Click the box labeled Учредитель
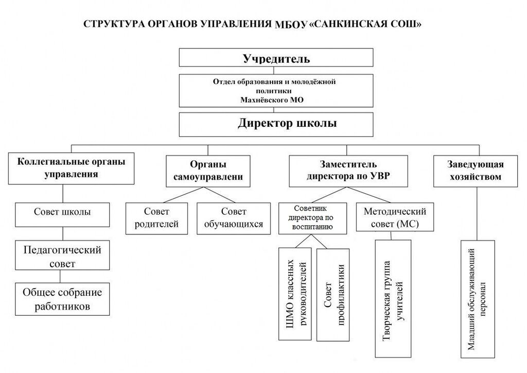tap(276, 58)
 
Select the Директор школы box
tap(276, 124)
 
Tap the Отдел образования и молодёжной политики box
tap(276, 91)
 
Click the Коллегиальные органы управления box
tap(71, 167)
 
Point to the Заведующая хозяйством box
tap(476, 171)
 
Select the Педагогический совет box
tap(62, 256)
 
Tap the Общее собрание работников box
tap(62, 299)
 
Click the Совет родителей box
tap(156, 218)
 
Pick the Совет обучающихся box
tap(233, 218)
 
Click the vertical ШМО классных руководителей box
tap(295, 294)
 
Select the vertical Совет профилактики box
tap(333, 295)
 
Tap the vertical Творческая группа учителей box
tap(393, 299)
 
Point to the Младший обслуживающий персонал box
tap(477, 299)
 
